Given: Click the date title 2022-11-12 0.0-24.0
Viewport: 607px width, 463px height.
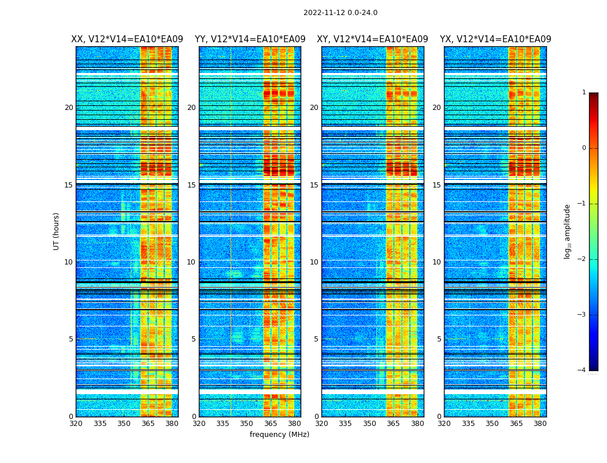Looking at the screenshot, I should tap(340, 13).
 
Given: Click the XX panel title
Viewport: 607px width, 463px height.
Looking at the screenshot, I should tap(127, 39).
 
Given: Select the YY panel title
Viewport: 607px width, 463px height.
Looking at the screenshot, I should tap(250, 39).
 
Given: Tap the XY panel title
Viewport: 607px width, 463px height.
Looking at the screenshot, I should tap(372, 39).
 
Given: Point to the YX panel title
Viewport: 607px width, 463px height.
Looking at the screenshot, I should tap(495, 39).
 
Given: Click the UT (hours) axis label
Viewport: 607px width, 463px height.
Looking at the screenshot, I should tap(57, 231).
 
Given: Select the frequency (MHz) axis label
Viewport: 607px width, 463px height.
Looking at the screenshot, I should tap(279, 435).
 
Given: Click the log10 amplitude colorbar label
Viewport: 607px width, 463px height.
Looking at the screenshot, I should tap(568, 231).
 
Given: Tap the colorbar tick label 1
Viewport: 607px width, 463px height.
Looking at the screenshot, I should tap(584, 93).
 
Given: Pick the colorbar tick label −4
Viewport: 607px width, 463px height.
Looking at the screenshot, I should tap(583, 370).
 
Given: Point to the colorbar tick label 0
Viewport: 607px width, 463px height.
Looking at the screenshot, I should tap(584, 148).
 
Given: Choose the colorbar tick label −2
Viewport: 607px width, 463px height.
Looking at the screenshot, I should tap(583, 259).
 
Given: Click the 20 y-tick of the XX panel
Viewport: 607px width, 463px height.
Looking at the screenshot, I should tap(69, 108).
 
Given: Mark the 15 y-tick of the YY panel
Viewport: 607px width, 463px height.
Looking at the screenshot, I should tap(191, 185).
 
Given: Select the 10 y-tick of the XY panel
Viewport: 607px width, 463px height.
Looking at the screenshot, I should tap(314, 262).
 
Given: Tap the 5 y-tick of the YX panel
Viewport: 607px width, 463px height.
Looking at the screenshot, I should tap(439, 339).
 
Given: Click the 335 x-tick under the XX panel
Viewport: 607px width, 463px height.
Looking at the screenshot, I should tap(100, 424).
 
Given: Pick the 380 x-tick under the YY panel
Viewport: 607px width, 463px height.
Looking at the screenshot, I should tap(294, 424).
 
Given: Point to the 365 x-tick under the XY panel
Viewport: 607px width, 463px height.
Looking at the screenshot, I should tap(393, 424).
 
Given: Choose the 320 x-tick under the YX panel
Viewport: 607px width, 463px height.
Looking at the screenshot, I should tap(444, 424).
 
